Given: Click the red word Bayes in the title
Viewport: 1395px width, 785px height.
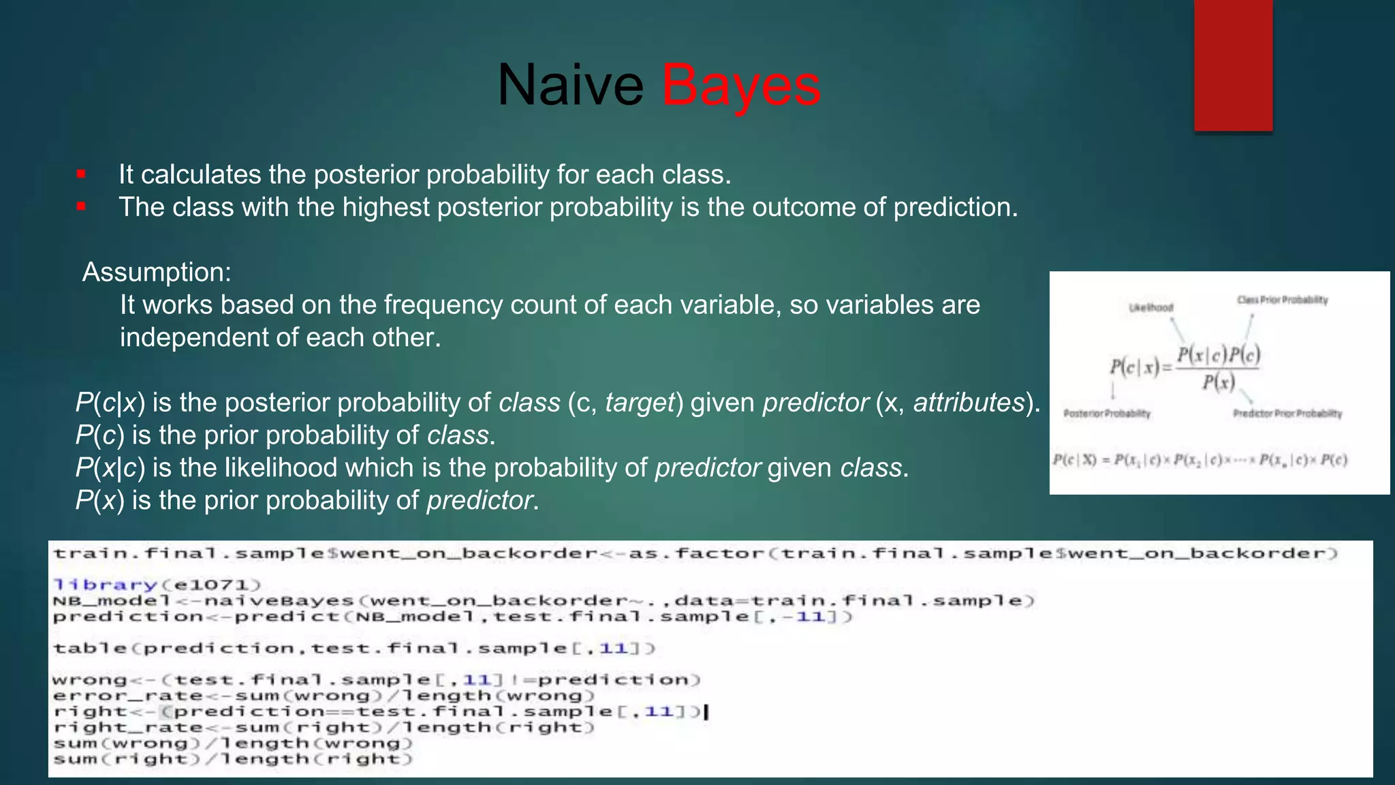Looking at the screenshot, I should pos(741,86).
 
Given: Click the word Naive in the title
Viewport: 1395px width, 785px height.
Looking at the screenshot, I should pos(570,86).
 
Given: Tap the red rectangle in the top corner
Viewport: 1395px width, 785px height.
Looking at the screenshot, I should pos(1233,65).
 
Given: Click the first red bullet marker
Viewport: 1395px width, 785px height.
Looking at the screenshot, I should pos(81,174).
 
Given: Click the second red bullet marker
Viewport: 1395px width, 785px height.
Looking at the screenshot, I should pos(81,206).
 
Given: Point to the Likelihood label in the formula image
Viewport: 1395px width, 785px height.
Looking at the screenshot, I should pos(1151,307).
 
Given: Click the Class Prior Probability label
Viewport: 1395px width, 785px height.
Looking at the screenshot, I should pos(1282,300).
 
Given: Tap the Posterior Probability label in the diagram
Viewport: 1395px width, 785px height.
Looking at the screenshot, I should pos(1107,414).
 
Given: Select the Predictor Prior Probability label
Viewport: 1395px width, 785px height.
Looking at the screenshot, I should pos(1287,414).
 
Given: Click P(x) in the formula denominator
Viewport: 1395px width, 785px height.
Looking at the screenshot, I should pos(1219,382).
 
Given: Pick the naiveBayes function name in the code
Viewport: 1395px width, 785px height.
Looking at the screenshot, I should pos(279,601).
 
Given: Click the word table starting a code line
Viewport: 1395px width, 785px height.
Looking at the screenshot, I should pos(90,648).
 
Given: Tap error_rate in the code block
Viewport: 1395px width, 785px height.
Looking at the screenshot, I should pos(127,696).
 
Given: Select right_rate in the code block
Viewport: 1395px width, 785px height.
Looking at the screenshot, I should pos(127,728).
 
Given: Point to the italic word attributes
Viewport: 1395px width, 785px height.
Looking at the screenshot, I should pos(969,403).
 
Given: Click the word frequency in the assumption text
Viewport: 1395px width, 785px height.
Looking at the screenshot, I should pos(443,305).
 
